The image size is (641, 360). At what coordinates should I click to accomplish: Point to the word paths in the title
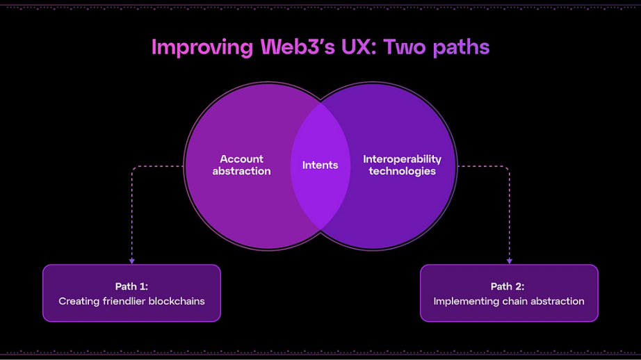[x=461, y=47]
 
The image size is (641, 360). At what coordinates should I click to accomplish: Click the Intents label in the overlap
[x=320, y=165]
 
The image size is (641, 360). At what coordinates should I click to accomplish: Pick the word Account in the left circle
[x=242, y=159]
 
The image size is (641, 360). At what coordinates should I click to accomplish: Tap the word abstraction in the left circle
[x=242, y=171]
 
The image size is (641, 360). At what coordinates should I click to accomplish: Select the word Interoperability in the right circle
[x=402, y=159]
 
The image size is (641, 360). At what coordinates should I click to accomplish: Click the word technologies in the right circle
[x=402, y=171]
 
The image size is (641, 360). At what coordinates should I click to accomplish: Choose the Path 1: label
[x=131, y=286]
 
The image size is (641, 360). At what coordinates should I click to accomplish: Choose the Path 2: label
[x=509, y=286]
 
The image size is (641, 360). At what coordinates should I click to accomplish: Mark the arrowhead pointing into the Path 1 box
[x=131, y=261]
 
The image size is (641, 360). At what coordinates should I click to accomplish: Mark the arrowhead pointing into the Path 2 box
[x=509, y=261]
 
